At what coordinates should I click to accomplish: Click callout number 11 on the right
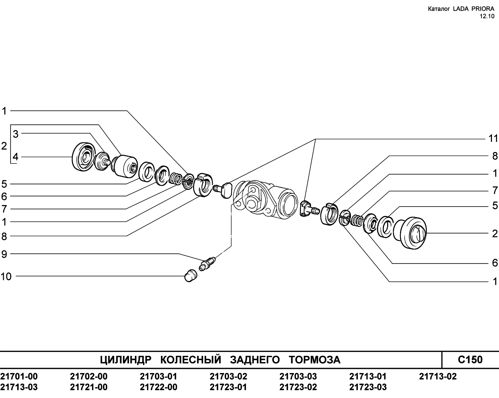tap(494, 139)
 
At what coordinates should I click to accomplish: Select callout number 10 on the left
tap(6, 277)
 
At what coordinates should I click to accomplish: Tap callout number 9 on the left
tap(4, 255)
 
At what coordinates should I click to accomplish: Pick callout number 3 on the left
tap(16, 134)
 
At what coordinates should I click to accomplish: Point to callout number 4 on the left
tap(15, 157)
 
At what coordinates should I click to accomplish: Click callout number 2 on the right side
tap(495, 233)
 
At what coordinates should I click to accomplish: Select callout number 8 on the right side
tap(495, 156)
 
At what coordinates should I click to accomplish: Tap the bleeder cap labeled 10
tap(190, 275)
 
